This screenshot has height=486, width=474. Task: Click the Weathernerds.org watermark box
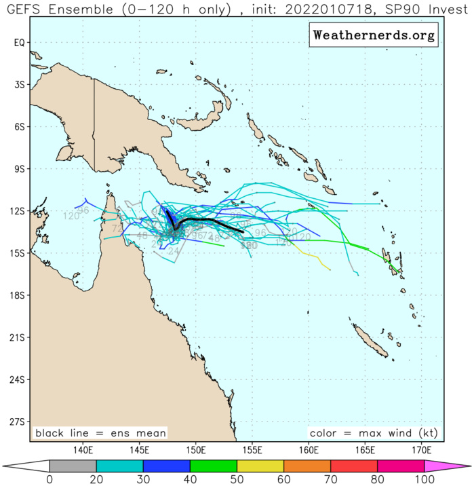pos(373,35)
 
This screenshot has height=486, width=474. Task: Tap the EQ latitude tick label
pos(20,42)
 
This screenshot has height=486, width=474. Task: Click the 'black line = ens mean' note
pos(101,433)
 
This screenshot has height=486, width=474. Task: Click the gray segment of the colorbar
pos(73,466)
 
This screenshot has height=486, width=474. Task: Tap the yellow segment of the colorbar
pos(260,466)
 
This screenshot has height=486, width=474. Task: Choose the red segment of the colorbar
pos(354,466)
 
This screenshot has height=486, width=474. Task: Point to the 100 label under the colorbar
pos(424,480)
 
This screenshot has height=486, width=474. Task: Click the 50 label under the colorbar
pos(237,480)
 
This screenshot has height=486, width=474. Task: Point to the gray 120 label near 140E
pos(71,217)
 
